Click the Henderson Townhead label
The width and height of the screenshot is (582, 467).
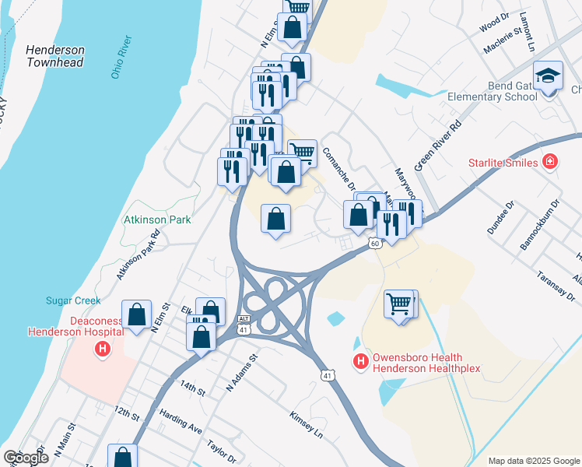coord(55,56)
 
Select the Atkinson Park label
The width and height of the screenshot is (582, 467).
coord(157,220)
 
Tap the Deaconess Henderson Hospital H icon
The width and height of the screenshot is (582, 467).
coord(101,349)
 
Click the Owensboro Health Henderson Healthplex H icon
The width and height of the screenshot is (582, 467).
coord(360,361)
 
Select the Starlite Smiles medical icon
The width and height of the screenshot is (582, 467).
coord(550,162)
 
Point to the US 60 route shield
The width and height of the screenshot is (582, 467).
coord(375,244)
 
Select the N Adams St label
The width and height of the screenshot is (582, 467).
coord(241,374)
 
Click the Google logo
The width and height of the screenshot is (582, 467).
coord(26,458)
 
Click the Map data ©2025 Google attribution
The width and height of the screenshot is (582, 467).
coord(534,461)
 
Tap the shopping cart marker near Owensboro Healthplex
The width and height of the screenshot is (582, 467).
coord(400,304)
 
